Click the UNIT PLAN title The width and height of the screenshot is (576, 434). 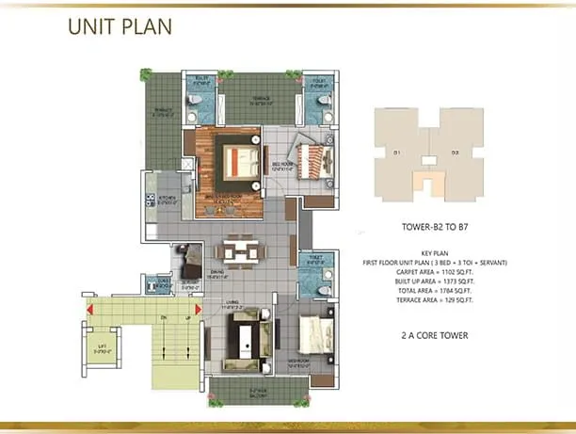(120, 25)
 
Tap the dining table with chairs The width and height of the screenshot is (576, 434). (235, 254)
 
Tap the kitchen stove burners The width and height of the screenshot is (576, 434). (148, 199)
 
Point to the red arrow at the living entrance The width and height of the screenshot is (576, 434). (198, 309)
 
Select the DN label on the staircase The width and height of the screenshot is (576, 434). (162, 319)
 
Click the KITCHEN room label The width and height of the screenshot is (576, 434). (168, 199)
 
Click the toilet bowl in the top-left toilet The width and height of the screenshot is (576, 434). (193, 97)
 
